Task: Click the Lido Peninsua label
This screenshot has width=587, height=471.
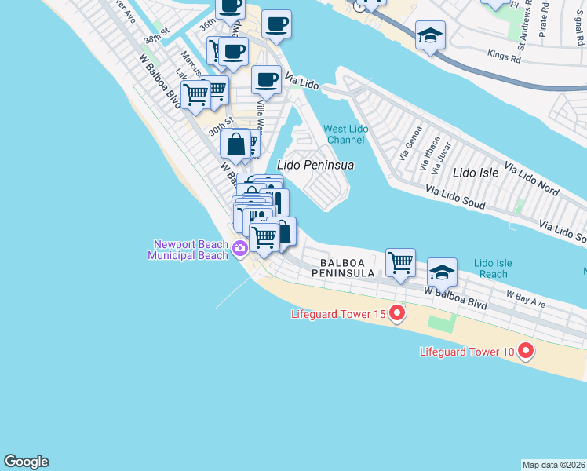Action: click(316, 166)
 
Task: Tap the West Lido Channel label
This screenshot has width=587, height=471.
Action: click(345, 134)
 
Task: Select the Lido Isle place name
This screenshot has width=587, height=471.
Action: click(476, 172)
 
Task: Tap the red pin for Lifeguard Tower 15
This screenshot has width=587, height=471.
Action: click(397, 314)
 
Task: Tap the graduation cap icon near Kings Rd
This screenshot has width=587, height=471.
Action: click(430, 35)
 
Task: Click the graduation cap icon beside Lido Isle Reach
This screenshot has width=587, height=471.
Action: click(442, 272)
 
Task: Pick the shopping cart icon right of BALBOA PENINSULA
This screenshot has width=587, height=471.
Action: click(400, 262)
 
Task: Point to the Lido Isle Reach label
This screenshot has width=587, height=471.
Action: click(493, 268)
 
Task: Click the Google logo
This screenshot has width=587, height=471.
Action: click(26, 462)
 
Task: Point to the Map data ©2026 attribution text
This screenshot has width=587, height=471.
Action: click(554, 465)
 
